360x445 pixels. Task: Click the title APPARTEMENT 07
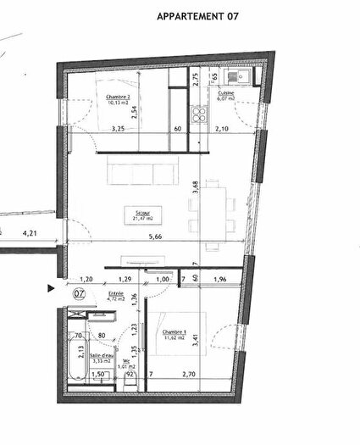(192, 16)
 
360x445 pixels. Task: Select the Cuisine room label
(226, 96)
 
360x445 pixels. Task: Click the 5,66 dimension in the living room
(153, 237)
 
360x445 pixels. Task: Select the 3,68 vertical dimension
(196, 188)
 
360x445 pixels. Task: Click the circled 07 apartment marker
(79, 293)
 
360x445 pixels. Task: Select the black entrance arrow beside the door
(52, 289)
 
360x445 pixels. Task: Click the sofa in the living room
(141, 174)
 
